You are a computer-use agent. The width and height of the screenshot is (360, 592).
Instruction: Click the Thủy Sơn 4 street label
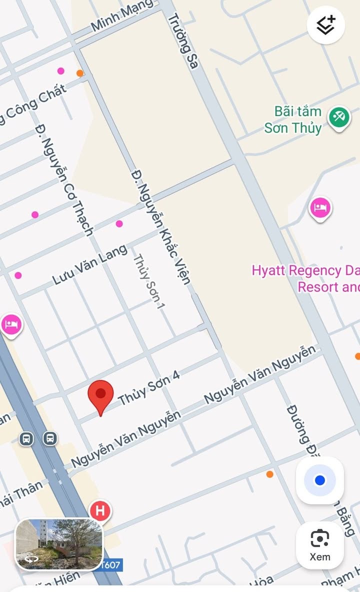point(148,389)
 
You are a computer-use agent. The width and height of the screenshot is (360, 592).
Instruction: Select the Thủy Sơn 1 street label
point(148,281)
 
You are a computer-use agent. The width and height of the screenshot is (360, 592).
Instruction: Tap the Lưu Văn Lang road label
point(90,266)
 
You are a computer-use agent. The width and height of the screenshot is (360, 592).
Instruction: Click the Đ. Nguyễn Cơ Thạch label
point(64,180)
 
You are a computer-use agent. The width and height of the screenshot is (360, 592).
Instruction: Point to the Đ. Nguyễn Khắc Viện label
point(161,227)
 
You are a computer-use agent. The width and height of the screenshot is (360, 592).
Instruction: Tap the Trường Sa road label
point(183,40)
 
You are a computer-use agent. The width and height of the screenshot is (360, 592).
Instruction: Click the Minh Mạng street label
point(122,16)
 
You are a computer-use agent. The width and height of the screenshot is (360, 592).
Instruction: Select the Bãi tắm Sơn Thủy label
point(293,119)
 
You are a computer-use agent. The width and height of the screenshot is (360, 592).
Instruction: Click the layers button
point(325,24)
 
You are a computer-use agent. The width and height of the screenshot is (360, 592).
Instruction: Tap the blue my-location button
point(320,480)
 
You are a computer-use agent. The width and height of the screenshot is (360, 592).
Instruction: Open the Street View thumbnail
point(59,544)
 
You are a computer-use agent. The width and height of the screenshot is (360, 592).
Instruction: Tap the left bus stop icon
point(26,439)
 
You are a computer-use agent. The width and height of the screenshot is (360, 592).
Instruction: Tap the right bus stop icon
point(49,438)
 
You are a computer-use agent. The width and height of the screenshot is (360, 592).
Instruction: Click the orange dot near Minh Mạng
point(80,73)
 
